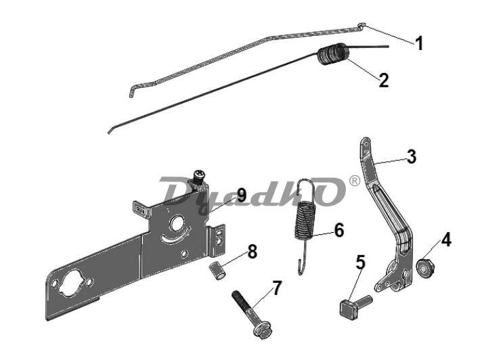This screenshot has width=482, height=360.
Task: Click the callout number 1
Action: point(419,43)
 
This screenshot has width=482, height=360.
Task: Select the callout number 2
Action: point(384,81)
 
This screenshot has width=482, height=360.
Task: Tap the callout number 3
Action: point(412,156)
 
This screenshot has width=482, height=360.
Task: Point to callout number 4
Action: point(446,240)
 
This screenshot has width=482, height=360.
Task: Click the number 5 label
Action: point(361,263)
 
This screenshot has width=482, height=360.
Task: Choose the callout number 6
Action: point(338,230)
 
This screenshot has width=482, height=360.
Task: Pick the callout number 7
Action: point(277,288)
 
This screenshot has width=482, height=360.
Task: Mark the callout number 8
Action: point(252,252)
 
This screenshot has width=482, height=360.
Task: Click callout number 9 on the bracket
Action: point(242,196)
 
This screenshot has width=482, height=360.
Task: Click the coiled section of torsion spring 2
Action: point(333,54)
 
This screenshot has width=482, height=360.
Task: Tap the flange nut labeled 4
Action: point(424,269)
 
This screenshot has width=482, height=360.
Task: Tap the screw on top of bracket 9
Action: point(198,177)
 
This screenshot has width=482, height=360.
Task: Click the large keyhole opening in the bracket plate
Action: point(73,283)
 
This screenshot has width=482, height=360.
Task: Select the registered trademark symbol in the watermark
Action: point(355,181)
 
